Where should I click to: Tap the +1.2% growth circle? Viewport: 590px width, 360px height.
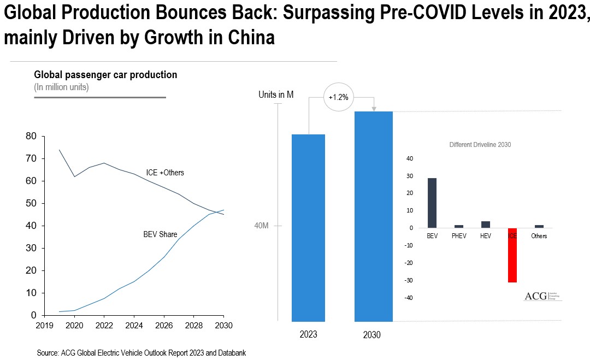(x=338, y=97)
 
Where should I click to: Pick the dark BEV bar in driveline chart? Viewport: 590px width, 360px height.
(x=432, y=203)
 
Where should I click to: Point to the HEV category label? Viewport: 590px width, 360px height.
(x=486, y=236)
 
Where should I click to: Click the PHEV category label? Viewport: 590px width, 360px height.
(x=459, y=236)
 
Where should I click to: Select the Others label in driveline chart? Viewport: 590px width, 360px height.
(x=539, y=236)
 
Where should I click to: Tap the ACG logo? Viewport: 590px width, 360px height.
(x=542, y=296)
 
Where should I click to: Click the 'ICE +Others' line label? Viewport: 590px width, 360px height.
(x=165, y=173)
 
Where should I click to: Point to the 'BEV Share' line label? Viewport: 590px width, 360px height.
(x=160, y=234)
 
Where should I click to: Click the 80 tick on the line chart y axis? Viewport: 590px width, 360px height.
(x=31, y=136)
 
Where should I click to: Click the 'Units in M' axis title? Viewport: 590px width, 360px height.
(x=276, y=95)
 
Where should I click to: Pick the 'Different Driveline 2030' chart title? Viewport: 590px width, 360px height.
(x=480, y=145)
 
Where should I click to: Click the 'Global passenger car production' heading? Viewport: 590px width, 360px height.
(x=105, y=75)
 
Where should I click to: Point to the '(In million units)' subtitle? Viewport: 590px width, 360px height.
(x=61, y=87)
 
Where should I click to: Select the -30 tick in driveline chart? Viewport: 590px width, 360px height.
(x=409, y=280)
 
